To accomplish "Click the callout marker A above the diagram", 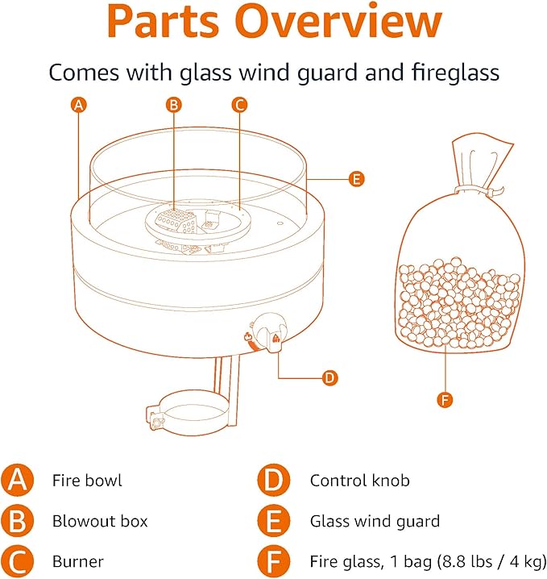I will pos(78,104).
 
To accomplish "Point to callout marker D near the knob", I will pos(328,377).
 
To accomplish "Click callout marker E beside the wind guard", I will pos(357,179).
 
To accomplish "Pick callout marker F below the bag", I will pos(444,399).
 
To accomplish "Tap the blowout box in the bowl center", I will pos(171,219).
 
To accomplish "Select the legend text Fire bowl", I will pos(87,481).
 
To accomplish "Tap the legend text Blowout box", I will pos(100,521).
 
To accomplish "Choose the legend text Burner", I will pos(77,560).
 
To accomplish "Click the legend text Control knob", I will pos(359,481).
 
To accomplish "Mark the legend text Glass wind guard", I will pos(375,521).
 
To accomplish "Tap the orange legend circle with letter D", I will pos(275,481).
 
